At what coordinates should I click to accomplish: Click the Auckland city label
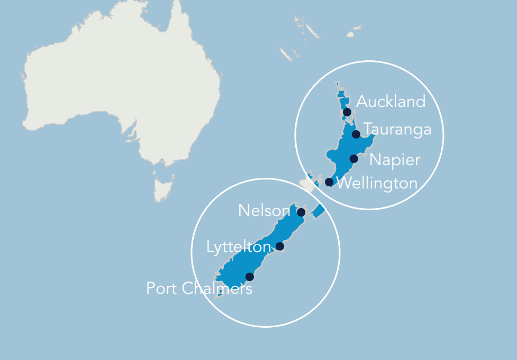click(391, 101)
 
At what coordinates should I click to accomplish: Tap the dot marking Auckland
click(347, 112)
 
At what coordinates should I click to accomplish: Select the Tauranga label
click(397, 129)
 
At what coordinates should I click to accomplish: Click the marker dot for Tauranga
click(356, 134)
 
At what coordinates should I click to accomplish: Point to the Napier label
click(395, 159)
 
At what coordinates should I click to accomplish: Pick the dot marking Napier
click(354, 159)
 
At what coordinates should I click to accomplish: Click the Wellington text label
click(377, 184)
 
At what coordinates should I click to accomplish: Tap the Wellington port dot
click(329, 182)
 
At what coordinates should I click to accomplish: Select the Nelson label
click(264, 211)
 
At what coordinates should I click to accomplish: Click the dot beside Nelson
click(301, 212)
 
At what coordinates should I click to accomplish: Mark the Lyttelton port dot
click(280, 246)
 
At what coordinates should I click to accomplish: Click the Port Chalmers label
click(199, 289)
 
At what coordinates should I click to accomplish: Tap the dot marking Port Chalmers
click(250, 277)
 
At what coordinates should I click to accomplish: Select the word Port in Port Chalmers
click(162, 289)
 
